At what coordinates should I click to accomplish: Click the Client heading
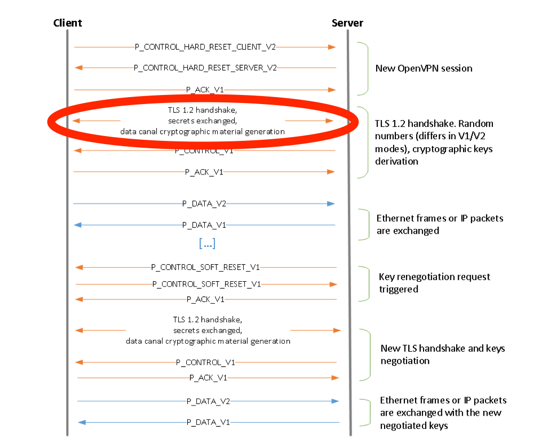tap(68, 23)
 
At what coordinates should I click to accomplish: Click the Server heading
tap(347, 23)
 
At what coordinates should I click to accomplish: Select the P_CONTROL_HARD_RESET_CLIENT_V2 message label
tap(205, 47)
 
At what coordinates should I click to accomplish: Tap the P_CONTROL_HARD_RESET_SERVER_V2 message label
tap(205, 68)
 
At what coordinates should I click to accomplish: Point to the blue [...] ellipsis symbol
tap(207, 243)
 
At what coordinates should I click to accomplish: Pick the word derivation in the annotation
tap(396, 161)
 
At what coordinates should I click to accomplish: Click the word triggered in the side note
tap(398, 289)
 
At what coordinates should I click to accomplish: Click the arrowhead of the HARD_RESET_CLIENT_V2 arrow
tap(332, 47)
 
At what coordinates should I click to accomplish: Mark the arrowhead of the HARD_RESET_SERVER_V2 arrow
tap(78, 68)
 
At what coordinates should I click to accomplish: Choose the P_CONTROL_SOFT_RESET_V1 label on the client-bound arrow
tap(205, 267)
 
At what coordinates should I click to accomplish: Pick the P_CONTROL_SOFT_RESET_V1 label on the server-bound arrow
tap(206, 284)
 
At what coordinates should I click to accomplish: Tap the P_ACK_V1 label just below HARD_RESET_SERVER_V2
tap(205, 90)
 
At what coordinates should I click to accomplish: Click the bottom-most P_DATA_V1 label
tap(208, 422)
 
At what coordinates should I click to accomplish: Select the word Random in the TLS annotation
tap(476, 124)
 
